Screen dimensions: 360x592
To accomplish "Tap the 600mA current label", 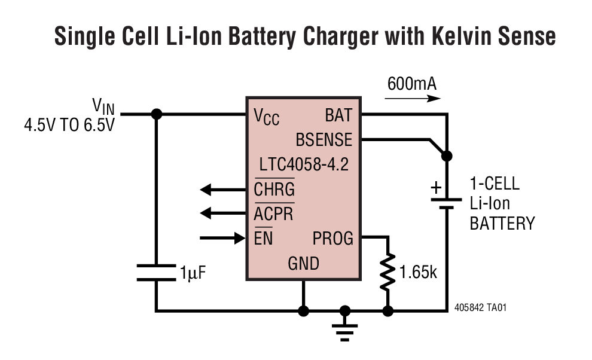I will (x=411, y=83).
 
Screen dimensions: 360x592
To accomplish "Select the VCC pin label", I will (x=267, y=115).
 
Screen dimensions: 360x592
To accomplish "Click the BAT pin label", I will (x=338, y=114).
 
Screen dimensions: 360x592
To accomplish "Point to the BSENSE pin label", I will (x=324, y=139).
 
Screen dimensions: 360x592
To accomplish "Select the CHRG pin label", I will (x=274, y=190).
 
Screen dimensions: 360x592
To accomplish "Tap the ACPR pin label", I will (x=274, y=213).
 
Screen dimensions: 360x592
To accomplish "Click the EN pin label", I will (x=264, y=239).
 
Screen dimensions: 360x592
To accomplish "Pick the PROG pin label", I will (x=332, y=239).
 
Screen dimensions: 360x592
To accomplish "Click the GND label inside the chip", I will (x=304, y=263).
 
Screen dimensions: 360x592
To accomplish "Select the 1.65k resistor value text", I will (x=419, y=273).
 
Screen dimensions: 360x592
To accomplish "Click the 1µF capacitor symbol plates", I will (x=157, y=273).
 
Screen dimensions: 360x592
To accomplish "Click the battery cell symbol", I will (x=446, y=204).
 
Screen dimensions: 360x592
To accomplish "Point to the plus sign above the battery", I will (x=437, y=188).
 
